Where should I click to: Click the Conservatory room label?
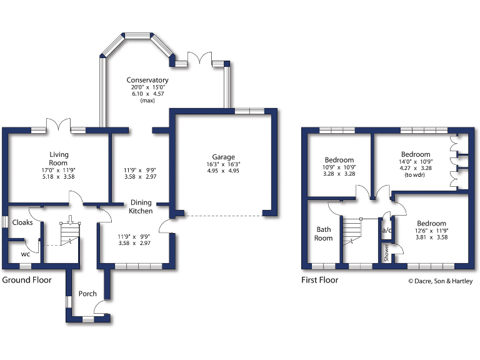[147, 80]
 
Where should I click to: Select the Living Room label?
[59, 158]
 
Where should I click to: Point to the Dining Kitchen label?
[141, 207]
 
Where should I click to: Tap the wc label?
[25, 254]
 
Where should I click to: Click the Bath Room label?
[323, 233]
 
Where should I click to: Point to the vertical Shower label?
[386, 252]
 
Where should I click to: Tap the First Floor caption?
[320, 280]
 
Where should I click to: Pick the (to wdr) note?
[415, 175]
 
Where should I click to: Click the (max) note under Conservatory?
[147, 101]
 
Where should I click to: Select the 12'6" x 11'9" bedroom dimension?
[431, 231]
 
